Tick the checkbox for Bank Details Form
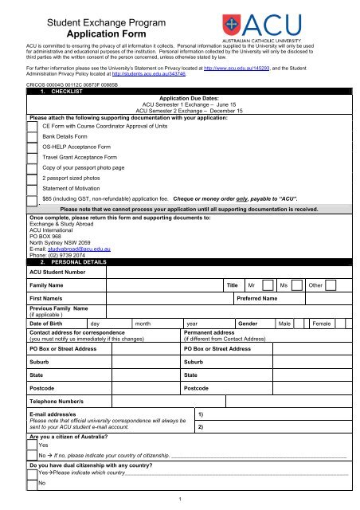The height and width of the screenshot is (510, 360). [x=32, y=137]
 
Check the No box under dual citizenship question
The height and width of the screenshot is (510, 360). [x=33, y=483]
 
